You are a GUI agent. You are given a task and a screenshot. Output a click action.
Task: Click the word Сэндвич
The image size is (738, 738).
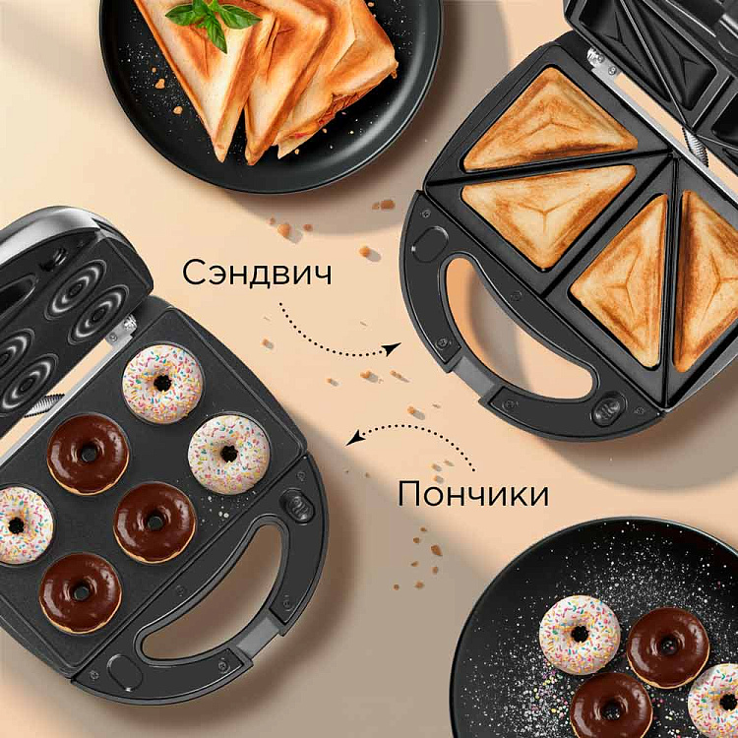[x=257, y=273]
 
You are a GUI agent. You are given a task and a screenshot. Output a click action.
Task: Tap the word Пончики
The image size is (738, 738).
[x=473, y=495]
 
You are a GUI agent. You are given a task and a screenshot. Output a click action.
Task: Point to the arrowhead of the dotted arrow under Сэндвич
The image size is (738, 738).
[x=392, y=347]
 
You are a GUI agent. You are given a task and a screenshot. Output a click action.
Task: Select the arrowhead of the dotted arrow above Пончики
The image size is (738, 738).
[x=354, y=437]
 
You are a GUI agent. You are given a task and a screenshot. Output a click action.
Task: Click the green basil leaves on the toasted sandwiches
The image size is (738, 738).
[x=212, y=19]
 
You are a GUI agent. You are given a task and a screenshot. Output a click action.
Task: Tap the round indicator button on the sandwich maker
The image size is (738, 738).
[x=608, y=407]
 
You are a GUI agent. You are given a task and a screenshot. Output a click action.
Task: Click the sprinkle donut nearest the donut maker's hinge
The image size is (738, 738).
[x=162, y=384]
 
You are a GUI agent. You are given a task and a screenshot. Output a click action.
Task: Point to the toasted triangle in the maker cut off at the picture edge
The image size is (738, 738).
[x=706, y=281]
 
